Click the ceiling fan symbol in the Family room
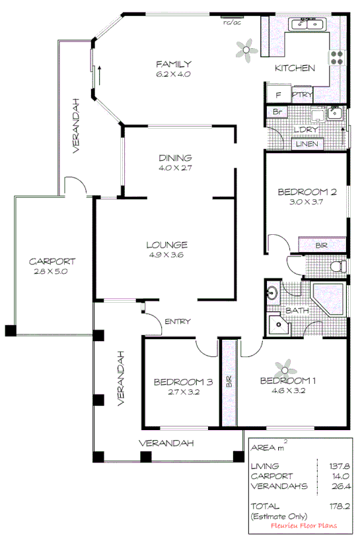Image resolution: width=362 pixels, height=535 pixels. [248, 48]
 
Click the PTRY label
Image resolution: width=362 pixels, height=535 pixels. [302, 95]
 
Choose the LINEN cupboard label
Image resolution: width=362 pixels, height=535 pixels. [307, 144]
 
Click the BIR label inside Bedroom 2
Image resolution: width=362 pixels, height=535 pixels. [322, 245]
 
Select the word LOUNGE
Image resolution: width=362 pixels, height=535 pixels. [166, 244]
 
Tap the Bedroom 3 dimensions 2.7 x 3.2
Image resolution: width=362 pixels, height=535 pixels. [174, 392]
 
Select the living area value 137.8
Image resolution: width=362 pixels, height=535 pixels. [334, 466]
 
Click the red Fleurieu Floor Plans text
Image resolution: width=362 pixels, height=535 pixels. [303, 525]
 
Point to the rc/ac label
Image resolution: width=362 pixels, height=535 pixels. [231, 22]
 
